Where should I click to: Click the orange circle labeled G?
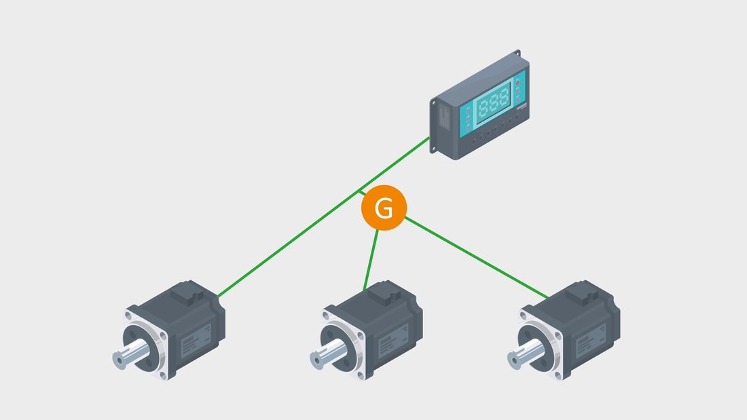click(384, 208)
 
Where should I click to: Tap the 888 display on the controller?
click(493, 102)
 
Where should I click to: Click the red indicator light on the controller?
click(518, 82)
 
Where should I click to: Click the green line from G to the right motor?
click(477, 258)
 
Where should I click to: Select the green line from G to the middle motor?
click(371, 260)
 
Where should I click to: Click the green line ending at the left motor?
click(323, 217)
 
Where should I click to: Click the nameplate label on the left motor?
click(196, 341)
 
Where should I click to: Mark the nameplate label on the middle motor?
click(393, 341)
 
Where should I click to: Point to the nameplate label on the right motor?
click(591, 341)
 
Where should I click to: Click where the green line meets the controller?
click(429, 138)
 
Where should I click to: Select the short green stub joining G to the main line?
click(361, 193)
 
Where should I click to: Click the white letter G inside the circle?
click(384, 208)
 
